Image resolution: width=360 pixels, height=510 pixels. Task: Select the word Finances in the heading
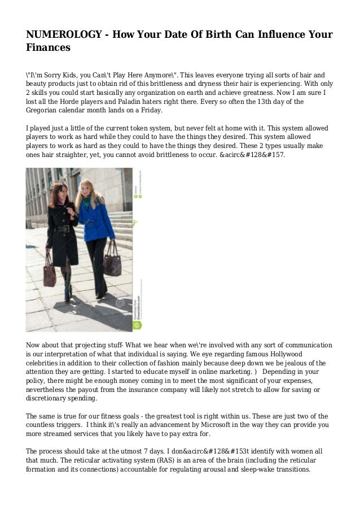[x=49, y=48]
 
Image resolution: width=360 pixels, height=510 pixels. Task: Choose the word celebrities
[x=48, y=363]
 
